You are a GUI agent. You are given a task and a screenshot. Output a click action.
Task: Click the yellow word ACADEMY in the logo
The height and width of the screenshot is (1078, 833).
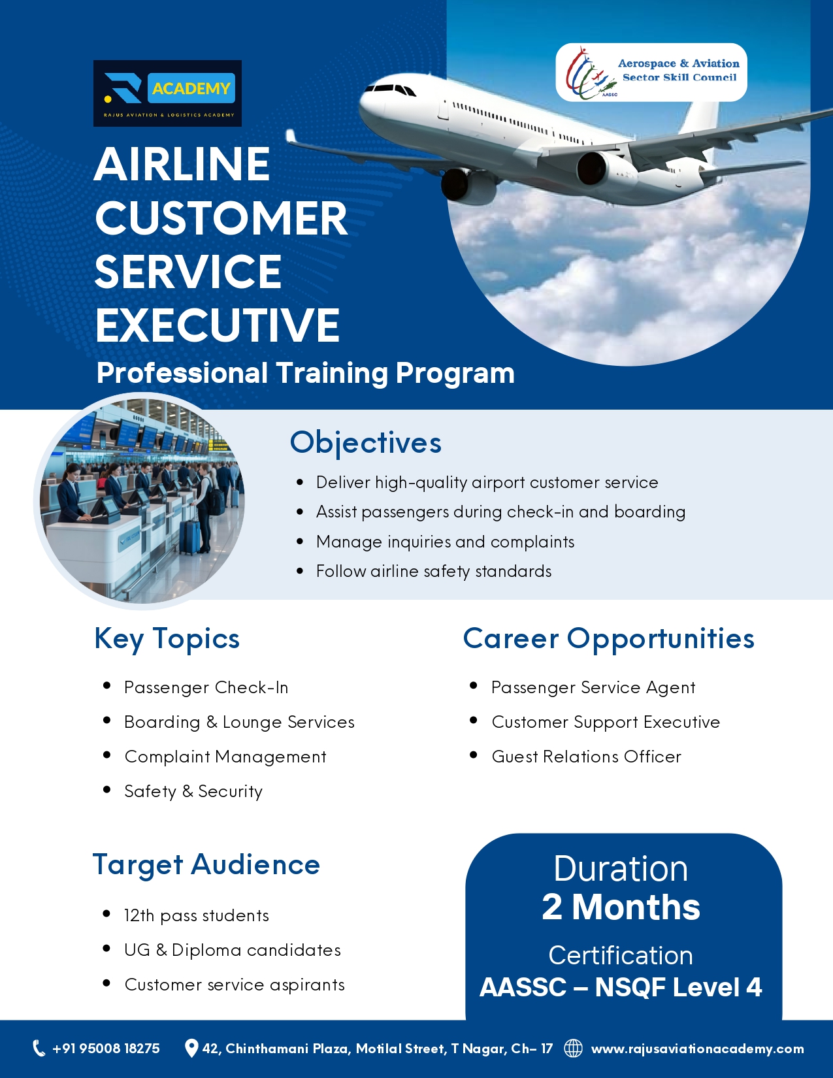click(x=191, y=88)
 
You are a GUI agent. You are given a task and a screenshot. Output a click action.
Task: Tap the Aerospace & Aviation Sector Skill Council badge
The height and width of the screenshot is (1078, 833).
click(x=651, y=72)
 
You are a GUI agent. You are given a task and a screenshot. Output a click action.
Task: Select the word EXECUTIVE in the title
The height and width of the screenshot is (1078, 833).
click(x=218, y=325)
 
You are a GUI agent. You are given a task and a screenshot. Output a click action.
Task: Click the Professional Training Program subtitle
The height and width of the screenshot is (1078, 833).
click(x=305, y=373)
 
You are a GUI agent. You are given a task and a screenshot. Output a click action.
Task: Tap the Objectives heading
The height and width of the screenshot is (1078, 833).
click(x=366, y=442)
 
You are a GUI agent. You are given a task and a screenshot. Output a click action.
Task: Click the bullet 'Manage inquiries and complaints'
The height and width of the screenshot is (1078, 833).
click(x=445, y=542)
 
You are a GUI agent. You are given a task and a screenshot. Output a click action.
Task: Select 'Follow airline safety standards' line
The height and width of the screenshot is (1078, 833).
click(x=434, y=572)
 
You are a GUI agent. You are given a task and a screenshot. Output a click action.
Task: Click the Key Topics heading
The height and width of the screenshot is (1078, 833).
click(x=167, y=639)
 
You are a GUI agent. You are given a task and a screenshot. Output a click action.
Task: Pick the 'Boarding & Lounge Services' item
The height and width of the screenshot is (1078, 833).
click(x=239, y=723)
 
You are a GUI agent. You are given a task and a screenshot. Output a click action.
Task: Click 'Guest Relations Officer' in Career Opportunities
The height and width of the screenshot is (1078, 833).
click(x=587, y=757)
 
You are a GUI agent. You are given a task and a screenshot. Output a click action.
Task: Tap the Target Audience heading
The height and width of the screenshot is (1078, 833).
click(x=206, y=865)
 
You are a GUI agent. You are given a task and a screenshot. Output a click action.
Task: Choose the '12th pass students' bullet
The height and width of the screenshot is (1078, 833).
click(x=197, y=916)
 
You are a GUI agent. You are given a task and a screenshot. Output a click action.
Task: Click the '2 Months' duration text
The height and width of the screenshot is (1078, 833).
click(x=621, y=907)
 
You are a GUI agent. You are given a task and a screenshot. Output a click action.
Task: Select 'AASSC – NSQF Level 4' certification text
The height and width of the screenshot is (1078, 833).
click(x=621, y=987)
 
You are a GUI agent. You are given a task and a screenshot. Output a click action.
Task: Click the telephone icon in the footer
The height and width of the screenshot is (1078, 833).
click(x=39, y=1048)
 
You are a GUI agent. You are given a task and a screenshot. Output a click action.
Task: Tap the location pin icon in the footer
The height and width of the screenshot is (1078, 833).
click(x=191, y=1048)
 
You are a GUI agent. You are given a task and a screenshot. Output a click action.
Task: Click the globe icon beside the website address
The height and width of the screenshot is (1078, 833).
click(x=574, y=1048)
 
